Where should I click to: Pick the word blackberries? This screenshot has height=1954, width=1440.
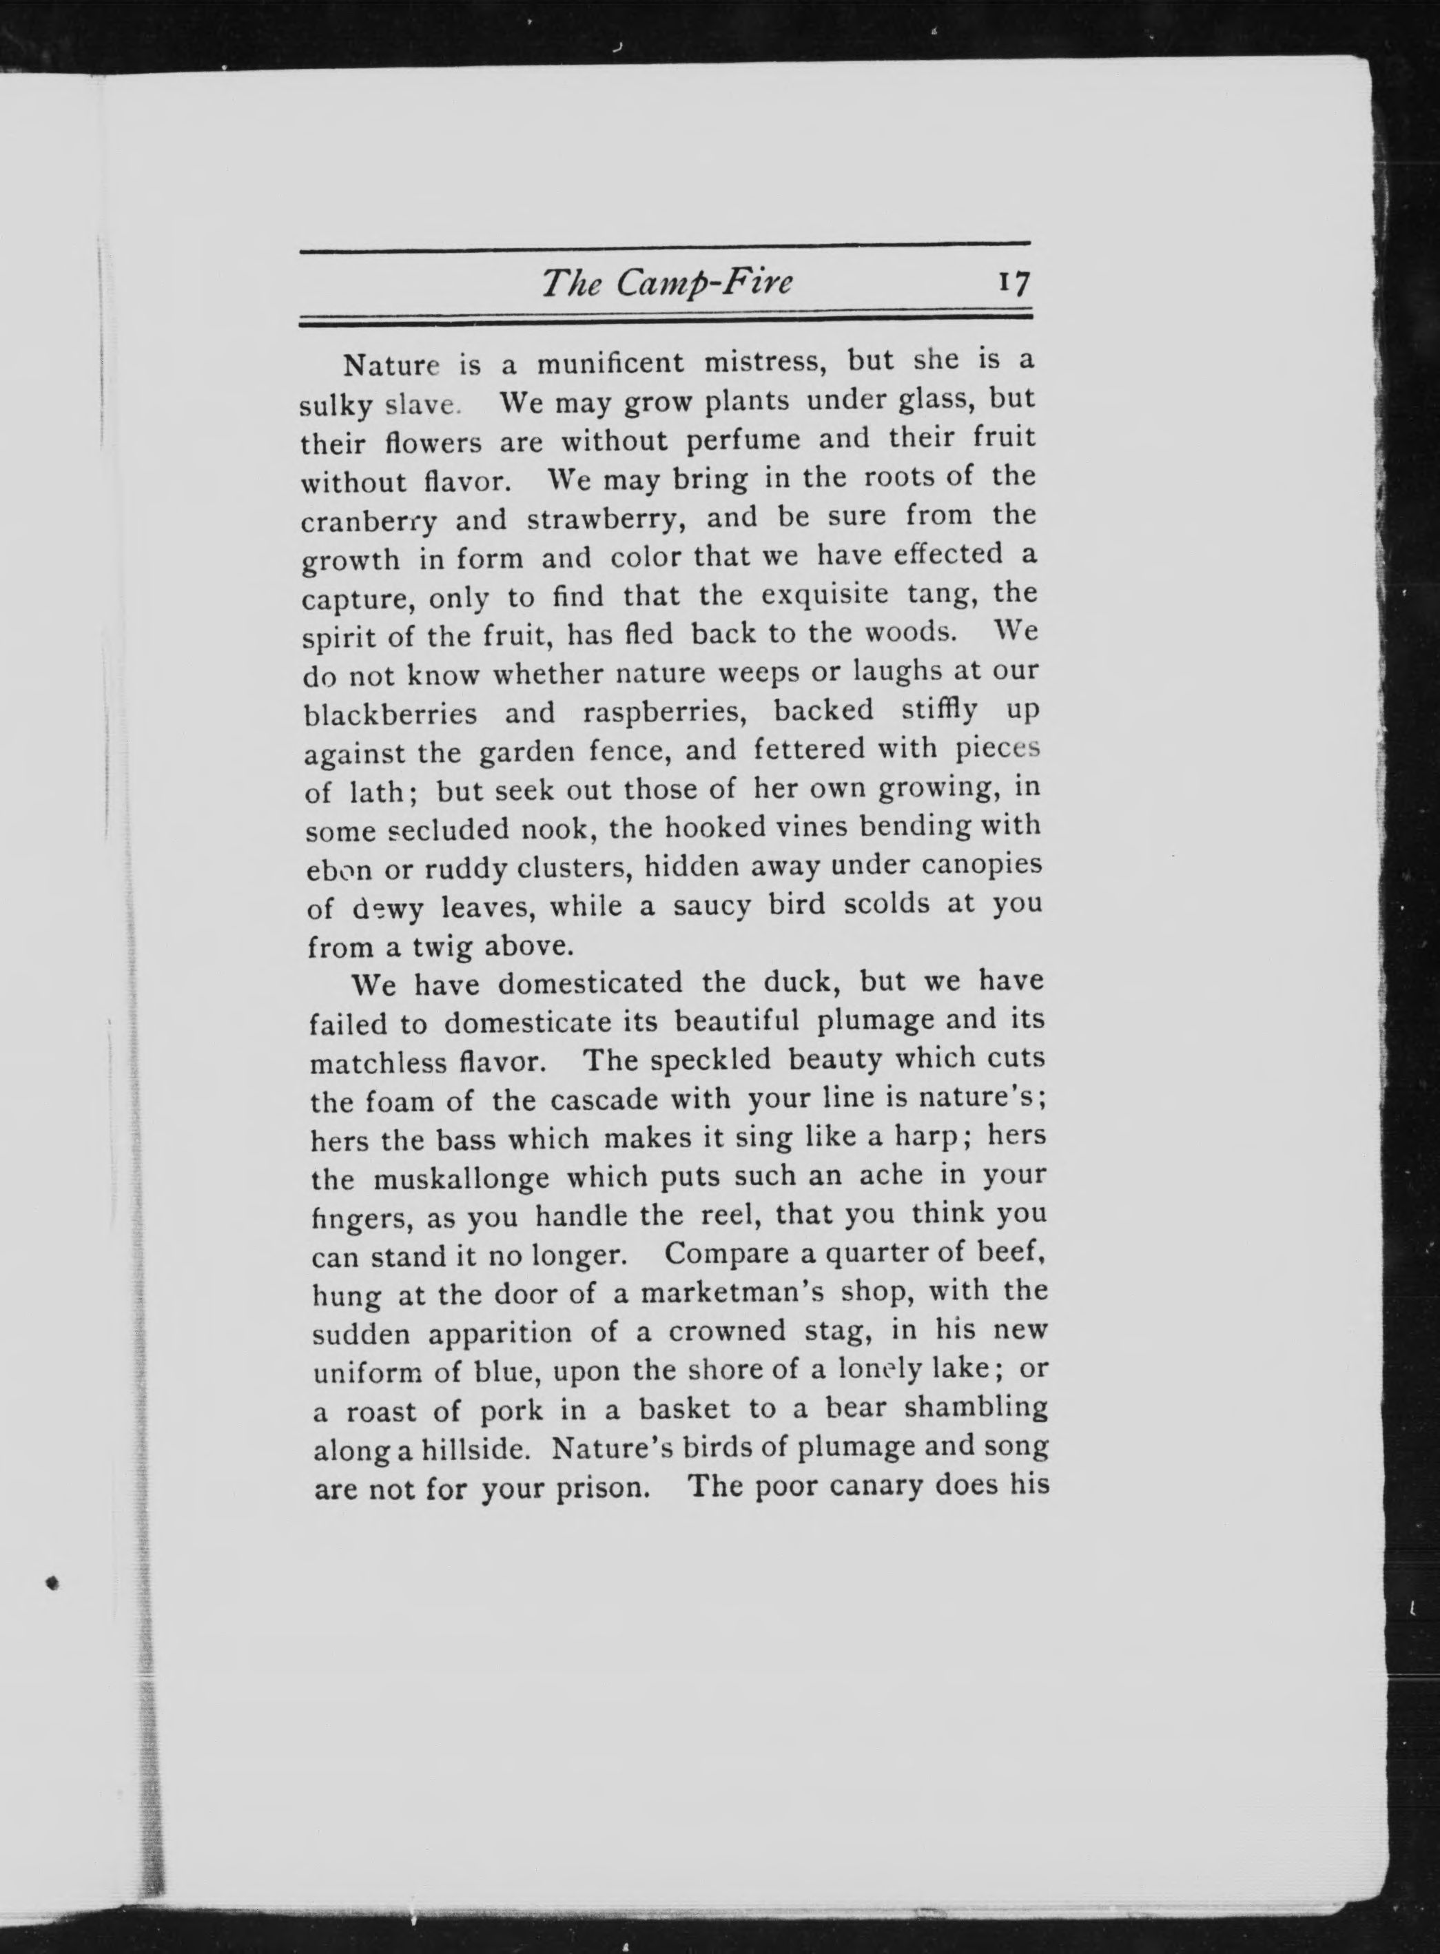click(x=391, y=714)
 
